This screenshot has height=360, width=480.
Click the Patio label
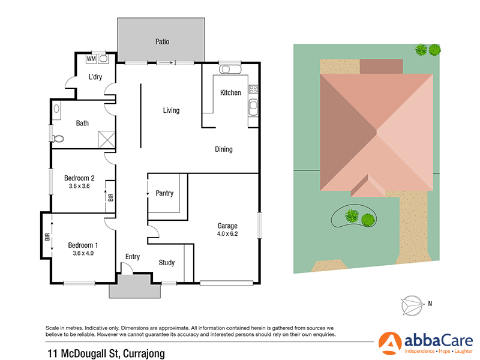pos(162,42)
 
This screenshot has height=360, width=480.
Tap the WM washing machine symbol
pos(91,59)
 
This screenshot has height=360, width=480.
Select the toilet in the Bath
pos(58,138)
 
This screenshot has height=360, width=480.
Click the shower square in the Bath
pos(106,140)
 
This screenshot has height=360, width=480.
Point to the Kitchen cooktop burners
pos(253,91)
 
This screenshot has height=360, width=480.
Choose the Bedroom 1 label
pos(83,245)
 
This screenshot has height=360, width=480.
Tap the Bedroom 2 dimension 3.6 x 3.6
pos(80,187)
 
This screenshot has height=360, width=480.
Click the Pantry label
pos(164,193)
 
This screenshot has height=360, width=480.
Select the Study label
pos(167,262)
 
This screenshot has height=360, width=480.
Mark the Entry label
pos(133,257)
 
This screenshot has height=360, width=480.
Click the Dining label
pos(224,149)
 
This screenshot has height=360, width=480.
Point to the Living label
pos(172,110)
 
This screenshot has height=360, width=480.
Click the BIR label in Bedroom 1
pos(47,236)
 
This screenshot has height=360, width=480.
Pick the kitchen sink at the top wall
pos(230,70)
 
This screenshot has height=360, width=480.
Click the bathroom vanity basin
pos(57,109)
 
